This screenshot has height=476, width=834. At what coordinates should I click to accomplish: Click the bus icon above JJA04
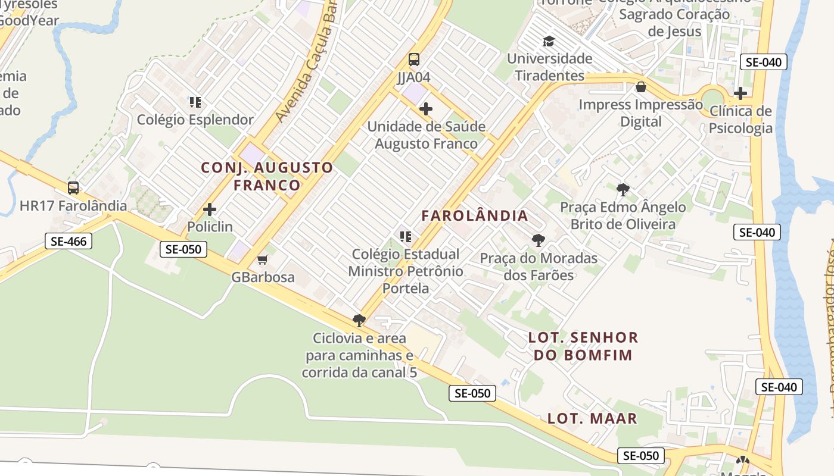click(x=413, y=59)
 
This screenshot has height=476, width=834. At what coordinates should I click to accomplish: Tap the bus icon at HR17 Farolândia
click(x=73, y=188)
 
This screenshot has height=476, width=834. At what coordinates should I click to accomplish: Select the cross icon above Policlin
click(x=210, y=209)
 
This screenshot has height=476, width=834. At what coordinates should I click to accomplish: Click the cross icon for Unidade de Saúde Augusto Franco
click(x=426, y=109)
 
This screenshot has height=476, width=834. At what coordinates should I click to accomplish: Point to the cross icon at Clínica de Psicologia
click(x=740, y=93)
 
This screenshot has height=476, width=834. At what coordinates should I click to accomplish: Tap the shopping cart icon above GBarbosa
click(x=262, y=259)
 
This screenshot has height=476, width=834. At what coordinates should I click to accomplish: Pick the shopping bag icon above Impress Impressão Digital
click(x=641, y=87)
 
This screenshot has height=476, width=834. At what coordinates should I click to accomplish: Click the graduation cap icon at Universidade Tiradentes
click(x=549, y=42)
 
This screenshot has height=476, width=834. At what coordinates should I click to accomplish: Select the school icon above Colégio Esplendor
click(x=195, y=102)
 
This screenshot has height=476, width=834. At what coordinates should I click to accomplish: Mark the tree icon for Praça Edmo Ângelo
click(x=623, y=190)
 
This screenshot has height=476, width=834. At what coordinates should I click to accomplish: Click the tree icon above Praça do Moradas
click(x=539, y=240)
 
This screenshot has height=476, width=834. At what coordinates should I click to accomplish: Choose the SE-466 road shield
click(x=69, y=242)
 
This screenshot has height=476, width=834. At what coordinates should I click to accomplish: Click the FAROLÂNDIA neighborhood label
click(x=475, y=215)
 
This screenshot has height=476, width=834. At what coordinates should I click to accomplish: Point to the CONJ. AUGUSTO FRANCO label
click(x=267, y=176)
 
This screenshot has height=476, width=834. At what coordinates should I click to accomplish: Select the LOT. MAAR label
click(x=592, y=418)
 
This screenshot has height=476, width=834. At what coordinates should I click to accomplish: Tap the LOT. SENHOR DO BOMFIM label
click(x=583, y=346)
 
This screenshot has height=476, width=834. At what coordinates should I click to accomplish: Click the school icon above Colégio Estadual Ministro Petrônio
click(x=406, y=237)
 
